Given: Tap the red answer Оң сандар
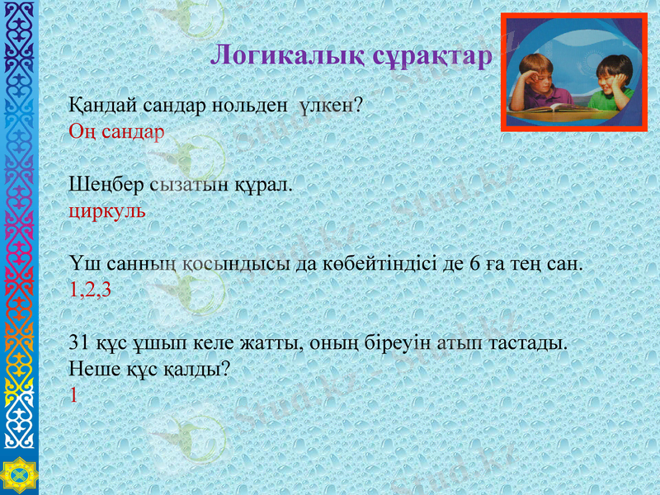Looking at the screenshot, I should pos(116,131).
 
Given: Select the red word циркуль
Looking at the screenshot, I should pos(106,210).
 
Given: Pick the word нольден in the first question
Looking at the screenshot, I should pos(249,106).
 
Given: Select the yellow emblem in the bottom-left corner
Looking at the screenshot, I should pos(18,474).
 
